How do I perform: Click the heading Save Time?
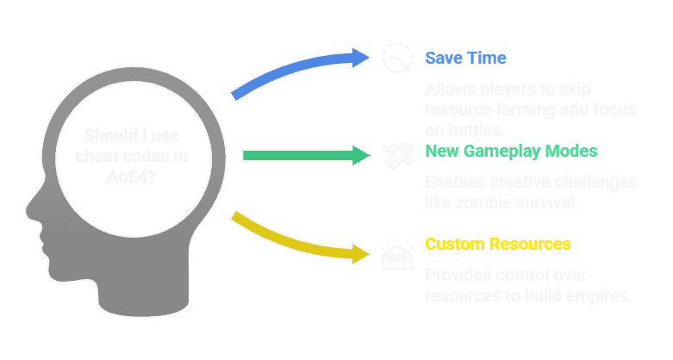465,58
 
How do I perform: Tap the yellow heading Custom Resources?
497,244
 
